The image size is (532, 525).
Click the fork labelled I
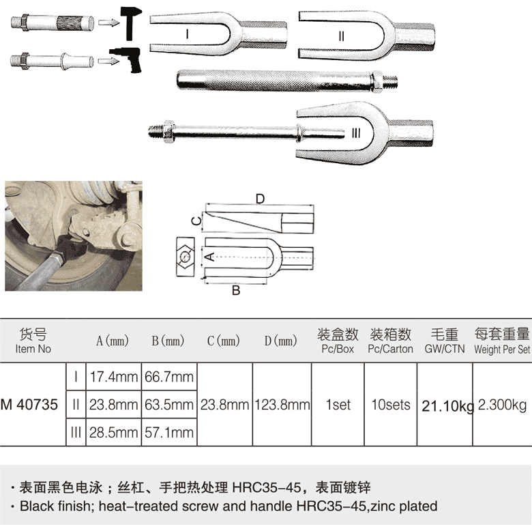tap(205, 31)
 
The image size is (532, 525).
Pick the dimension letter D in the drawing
tap(260, 198)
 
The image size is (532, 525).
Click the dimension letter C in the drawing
tap(194, 221)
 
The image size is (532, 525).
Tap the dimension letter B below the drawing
tap(236, 290)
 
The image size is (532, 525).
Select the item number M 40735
tap(29, 404)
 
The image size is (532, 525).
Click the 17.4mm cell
tap(113, 377)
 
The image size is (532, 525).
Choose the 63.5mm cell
tap(168, 404)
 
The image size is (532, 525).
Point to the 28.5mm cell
tap(113, 432)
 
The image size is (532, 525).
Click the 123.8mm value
tap(282, 404)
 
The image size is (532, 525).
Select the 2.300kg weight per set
tap(503, 404)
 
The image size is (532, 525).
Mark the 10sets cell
tap(390, 404)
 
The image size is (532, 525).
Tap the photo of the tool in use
tap(74, 236)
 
